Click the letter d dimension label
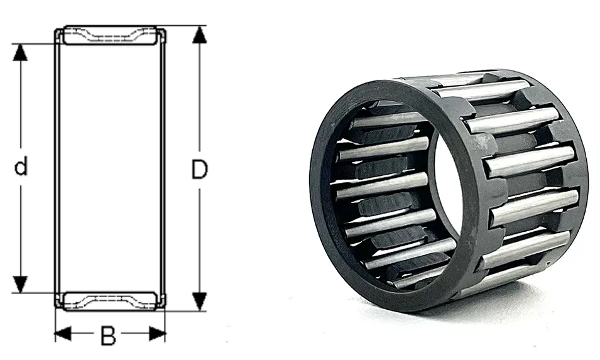click(x=21, y=166)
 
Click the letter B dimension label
click(x=108, y=335)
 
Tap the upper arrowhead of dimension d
click(x=20, y=52)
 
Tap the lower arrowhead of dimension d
click(x=20, y=284)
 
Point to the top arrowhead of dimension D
click(x=199, y=35)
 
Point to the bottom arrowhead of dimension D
click(x=199, y=302)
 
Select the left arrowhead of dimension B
click(x=63, y=334)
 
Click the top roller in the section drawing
click(x=110, y=35)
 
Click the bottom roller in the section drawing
click(x=110, y=301)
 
